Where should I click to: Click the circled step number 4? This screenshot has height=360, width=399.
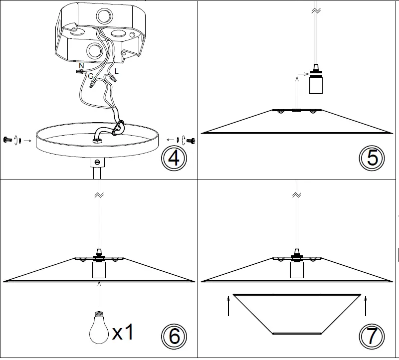(173, 158)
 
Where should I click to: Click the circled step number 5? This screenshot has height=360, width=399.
(372, 158)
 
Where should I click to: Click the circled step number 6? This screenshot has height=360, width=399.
(174, 336)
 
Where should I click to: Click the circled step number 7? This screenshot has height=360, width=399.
(372, 336)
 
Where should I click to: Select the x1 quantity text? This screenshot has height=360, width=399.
(123, 332)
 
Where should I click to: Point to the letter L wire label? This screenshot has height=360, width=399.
(116, 71)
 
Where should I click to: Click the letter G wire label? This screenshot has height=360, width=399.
(90, 75)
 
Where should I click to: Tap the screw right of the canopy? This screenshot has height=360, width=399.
(190, 140)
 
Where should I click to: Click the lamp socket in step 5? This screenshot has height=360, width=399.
(315, 82)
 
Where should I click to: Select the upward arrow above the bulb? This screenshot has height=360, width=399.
(100, 294)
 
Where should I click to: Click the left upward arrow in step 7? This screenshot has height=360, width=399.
(228, 306)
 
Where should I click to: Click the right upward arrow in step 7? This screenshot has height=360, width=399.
(366, 306)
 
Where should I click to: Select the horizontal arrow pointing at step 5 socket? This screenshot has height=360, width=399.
(303, 74)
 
